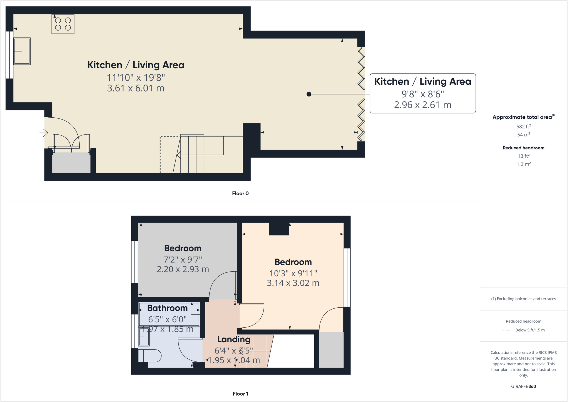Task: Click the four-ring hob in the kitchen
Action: (63, 24)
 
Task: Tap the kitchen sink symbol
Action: (22, 51)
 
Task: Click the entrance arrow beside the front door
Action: (44, 133)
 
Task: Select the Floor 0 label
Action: (240, 193)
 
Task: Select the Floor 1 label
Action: (240, 394)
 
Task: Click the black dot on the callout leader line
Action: (309, 94)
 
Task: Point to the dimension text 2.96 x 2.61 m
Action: (423, 105)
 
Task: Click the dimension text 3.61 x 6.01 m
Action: (136, 88)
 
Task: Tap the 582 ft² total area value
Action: (523, 127)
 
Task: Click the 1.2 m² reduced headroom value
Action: (523, 164)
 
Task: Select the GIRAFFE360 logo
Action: (523, 386)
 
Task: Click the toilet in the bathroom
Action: (150, 356)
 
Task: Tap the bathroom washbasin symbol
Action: (144, 337)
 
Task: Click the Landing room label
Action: (234, 339)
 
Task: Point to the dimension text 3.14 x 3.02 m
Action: (293, 283)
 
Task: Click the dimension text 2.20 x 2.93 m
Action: (183, 269)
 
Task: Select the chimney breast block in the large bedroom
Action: (279, 229)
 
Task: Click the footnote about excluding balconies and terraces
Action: (523, 299)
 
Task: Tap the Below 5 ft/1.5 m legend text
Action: (530, 330)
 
